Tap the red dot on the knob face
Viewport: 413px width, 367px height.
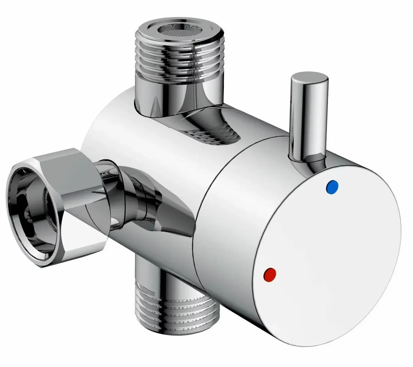point(270,273)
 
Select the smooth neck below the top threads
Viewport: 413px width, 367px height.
point(156,99)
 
